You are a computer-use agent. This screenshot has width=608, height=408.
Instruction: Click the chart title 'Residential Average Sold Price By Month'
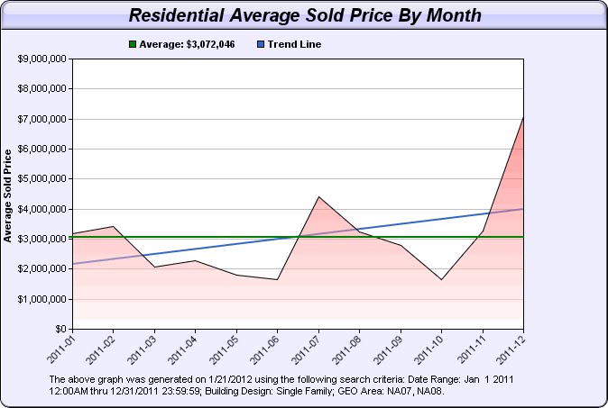click(304, 15)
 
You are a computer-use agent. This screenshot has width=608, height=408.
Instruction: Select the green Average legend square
click(134, 44)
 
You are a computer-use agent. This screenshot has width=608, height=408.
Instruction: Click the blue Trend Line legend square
click(260, 44)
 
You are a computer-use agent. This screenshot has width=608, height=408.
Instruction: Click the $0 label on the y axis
click(60, 329)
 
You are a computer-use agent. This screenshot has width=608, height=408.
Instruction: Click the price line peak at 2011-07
click(318, 196)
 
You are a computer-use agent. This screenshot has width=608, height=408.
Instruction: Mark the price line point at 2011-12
click(523, 117)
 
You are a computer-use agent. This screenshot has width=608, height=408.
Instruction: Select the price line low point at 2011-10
click(442, 279)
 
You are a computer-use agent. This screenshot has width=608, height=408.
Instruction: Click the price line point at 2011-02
click(114, 226)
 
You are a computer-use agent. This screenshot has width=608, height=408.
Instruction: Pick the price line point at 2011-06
click(278, 279)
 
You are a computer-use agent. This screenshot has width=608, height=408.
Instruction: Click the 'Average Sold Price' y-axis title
click(8, 195)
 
